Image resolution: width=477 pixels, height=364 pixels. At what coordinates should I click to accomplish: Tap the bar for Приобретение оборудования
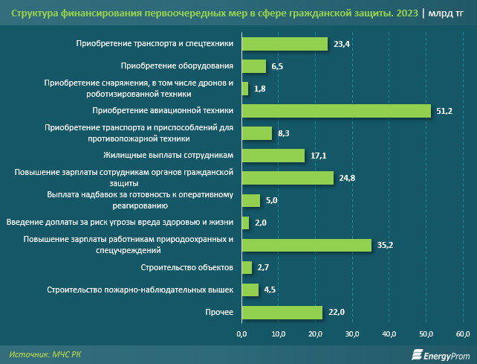(254, 66)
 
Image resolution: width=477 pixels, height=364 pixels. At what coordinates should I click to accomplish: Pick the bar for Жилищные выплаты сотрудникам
(273, 156)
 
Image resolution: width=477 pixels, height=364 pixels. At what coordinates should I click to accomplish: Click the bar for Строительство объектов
(247, 267)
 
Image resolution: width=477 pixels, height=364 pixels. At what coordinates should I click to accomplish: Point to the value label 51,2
(443, 111)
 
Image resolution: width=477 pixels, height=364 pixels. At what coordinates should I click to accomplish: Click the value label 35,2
(383, 245)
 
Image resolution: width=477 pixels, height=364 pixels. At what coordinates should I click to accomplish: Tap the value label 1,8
(259, 89)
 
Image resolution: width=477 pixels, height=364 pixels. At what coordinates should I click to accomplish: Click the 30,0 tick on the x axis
(353, 333)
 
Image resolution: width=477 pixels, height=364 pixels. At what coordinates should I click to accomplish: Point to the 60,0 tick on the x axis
(463, 333)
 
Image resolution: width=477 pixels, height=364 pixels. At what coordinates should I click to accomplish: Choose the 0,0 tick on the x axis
(242, 333)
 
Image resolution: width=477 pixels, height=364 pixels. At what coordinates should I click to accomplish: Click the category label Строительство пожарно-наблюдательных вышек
(140, 290)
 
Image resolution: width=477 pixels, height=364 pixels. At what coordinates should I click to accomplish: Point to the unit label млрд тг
(446, 13)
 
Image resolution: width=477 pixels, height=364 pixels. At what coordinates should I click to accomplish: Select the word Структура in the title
(33, 13)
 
